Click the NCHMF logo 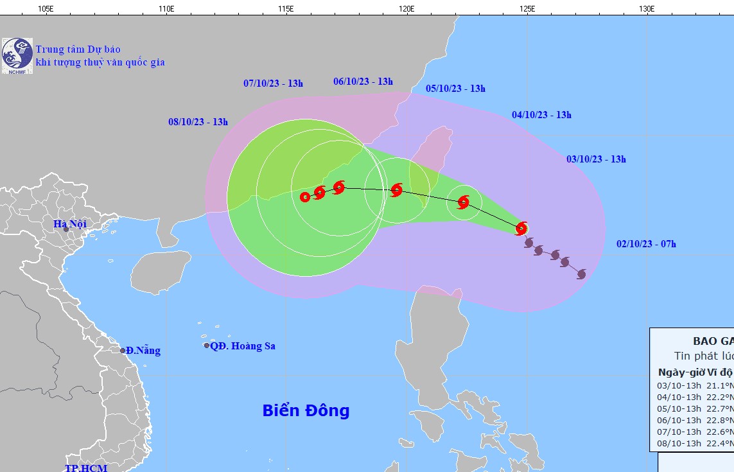point(17,55)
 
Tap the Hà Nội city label point(69,223)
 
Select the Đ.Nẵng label point(143,351)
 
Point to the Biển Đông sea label point(306,410)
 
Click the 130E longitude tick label point(647,8)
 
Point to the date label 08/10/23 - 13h point(198,122)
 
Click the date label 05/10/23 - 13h point(455,89)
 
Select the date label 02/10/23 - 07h point(646,244)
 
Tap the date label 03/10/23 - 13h point(596,159)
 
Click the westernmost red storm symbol point(305,197)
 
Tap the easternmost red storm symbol point(521,228)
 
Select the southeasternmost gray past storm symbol point(581,274)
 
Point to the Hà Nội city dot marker point(66,230)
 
